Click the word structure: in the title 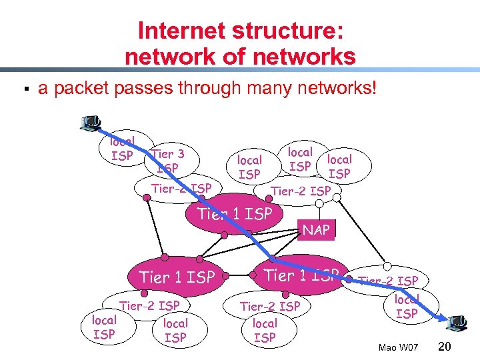(285, 31)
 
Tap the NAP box (316, 230)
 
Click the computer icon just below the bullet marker (90, 123)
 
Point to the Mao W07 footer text (397, 347)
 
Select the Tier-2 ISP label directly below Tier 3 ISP (181, 189)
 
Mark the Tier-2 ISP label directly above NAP (300, 191)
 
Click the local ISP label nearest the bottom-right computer (407, 306)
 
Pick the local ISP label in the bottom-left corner (104, 327)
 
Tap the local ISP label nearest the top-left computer (121, 148)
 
